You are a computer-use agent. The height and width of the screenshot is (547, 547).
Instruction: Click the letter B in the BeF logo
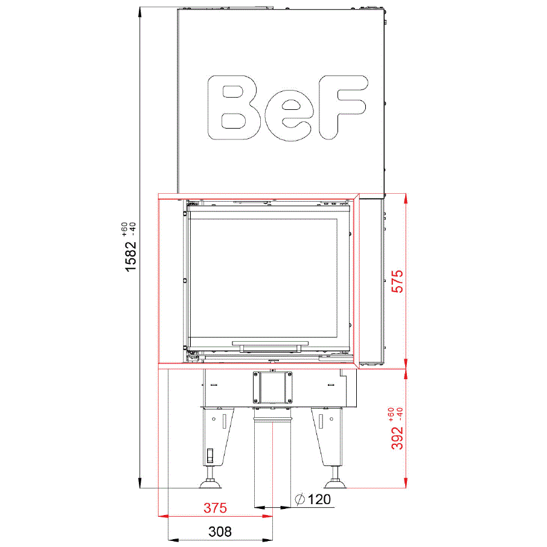click(233, 107)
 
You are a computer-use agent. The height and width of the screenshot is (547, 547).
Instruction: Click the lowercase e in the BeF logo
click(288, 115)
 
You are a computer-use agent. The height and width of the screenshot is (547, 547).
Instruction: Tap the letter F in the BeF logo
click(342, 107)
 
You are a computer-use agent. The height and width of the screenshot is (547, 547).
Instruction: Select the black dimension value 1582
click(130, 257)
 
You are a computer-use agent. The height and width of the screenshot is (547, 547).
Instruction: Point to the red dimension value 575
click(397, 281)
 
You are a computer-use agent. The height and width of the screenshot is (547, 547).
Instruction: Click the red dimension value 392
click(397, 438)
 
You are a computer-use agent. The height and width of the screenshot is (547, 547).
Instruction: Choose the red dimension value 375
click(216, 508)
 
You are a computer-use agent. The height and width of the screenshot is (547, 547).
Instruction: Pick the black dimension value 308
click(220, 532)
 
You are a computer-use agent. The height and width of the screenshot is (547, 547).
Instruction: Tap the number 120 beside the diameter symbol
click(319, 499)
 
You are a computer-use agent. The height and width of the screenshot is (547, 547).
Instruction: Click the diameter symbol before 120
click(299, 499)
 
